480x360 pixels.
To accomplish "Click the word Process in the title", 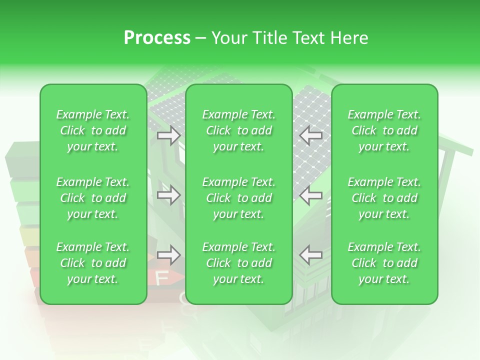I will [157, 38].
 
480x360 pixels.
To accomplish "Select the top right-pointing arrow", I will [169, 135].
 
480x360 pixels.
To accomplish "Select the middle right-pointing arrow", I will [169, 195].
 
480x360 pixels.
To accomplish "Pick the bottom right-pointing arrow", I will [169, 255].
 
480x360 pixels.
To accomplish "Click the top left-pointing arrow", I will [310, 135].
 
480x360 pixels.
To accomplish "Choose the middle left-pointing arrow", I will [310, 195].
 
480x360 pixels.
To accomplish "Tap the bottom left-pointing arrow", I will [310, 255].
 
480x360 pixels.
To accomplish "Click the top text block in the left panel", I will [93, 130].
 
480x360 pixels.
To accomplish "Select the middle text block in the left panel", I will [93, 198].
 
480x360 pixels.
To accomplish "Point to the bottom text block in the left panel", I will [93, 263].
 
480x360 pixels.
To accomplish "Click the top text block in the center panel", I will [239, 130].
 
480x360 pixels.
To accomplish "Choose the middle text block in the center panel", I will [239, 198].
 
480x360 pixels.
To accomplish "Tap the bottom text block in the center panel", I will [239, 263].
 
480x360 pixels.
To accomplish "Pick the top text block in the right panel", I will [384, 130].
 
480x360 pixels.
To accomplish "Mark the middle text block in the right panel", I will [384, 198].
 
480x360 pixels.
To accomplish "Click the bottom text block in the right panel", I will [384, 263].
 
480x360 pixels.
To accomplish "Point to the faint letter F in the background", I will [162, 278].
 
